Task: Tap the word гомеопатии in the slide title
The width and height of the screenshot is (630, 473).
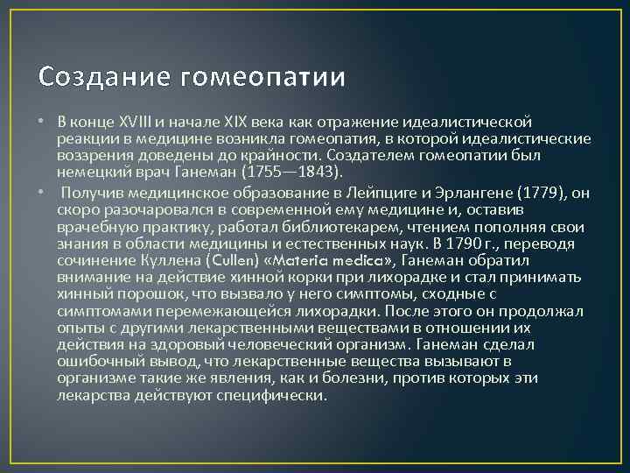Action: click(263, 78)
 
